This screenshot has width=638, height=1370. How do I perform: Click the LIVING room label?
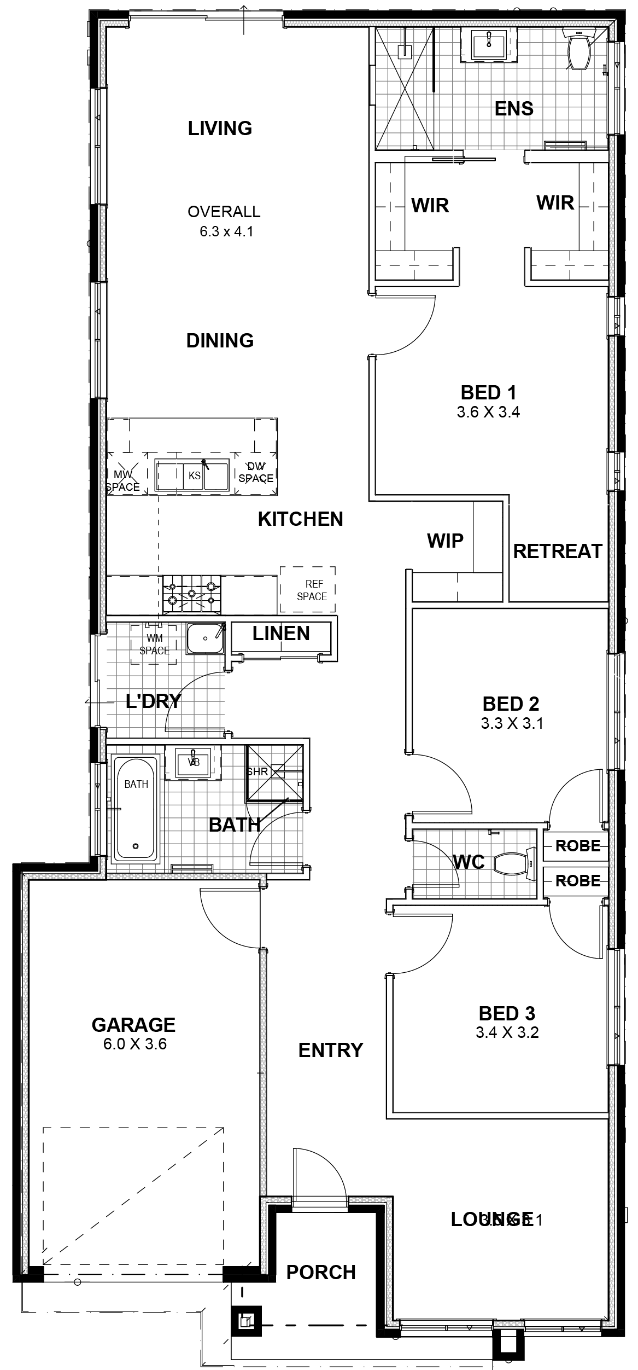(x=220, y=129)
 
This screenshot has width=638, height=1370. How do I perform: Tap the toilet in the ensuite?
(x=578, y=52)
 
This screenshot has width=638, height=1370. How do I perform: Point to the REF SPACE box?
(x=308, y=590)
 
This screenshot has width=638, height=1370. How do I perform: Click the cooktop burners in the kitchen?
(x=191, y=594)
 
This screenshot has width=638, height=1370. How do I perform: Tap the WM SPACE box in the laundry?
(x=154, y=644)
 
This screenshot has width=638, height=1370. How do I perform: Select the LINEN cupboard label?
(x=281, y=634)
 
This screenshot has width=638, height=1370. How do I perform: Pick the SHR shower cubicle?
(x=273, y=772)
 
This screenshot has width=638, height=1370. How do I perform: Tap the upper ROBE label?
(x=577, y=846)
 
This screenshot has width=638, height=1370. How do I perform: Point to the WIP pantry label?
(x=445, y=541)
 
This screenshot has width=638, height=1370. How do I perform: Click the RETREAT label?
(x=557, y=551)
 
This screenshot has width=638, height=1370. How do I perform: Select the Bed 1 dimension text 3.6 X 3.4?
(x=488, y=412)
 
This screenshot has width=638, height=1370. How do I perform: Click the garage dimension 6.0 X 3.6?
(x=134, y=1044)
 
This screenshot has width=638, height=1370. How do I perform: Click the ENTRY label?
(x=330, y=1050)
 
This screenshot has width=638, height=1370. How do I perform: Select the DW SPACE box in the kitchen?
(x=255, y=472)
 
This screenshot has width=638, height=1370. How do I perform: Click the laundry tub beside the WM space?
(x=205, y=638)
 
